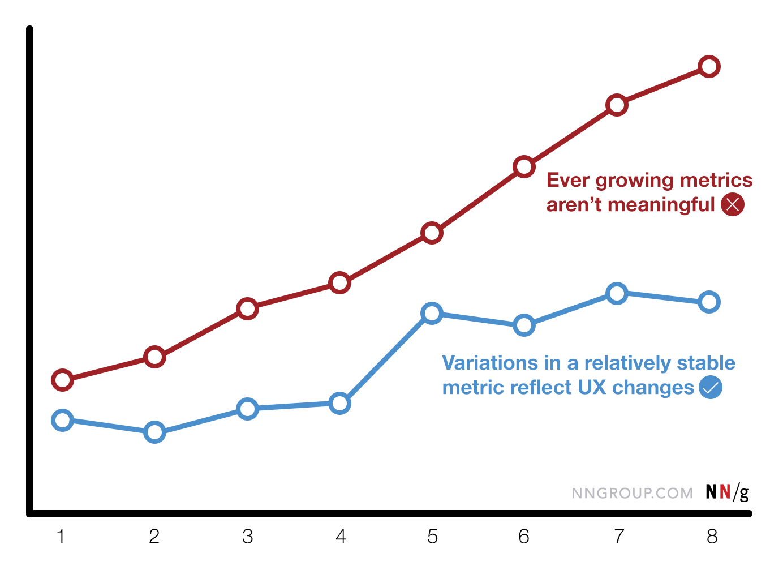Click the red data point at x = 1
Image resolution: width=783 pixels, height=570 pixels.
62,380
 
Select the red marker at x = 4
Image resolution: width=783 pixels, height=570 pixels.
339,282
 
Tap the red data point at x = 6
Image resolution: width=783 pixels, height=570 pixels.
524,166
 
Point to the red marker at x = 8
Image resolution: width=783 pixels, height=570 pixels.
709,67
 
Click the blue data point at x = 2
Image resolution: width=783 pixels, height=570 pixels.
154,432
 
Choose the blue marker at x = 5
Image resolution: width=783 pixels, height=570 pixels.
432,313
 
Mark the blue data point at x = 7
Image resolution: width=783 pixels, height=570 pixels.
617,293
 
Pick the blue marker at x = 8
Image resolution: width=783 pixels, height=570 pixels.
709,302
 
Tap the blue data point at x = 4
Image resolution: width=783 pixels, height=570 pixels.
339,404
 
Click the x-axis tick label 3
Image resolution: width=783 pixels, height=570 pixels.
247,536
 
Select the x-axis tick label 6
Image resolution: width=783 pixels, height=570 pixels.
524,536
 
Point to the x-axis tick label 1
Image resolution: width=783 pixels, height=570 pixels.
61,536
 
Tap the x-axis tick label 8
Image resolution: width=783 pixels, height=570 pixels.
712,536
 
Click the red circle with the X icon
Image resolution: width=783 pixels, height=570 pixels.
733,204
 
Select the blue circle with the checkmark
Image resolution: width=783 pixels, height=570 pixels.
711,388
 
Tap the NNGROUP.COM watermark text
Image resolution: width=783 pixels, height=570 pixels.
632,493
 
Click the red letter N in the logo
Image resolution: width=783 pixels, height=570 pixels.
725,491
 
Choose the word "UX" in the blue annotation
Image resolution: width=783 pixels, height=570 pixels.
592,388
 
